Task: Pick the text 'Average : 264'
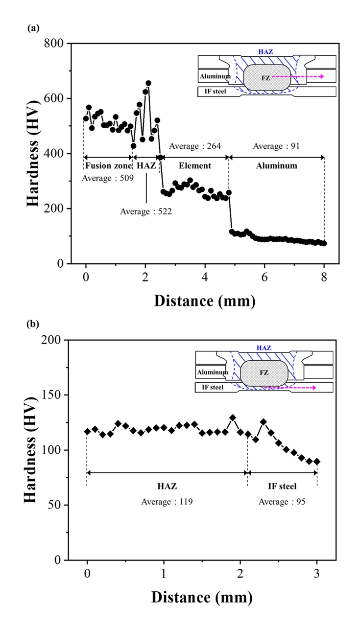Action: click(x=195, y=146)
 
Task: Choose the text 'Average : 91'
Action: click(x=276, y=146)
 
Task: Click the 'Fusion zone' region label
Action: click(x=108, y=166)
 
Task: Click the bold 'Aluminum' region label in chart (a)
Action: click(x=276, y=166)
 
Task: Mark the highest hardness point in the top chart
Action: click(x=148, y=83)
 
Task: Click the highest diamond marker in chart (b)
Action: click(x=233, y=417)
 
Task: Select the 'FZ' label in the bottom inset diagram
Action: click(x=264, y=373)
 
